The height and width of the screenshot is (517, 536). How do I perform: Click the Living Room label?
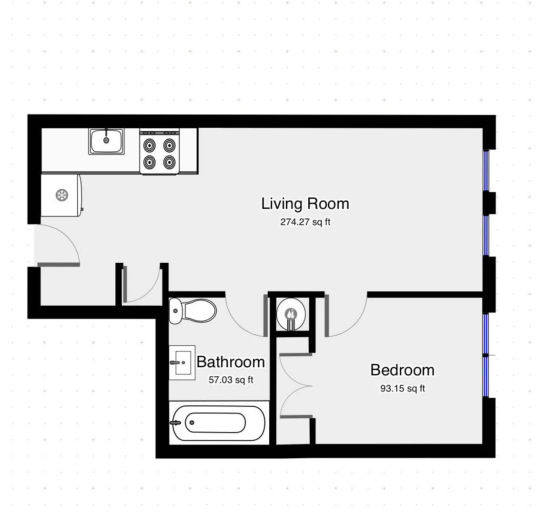pos(305,204)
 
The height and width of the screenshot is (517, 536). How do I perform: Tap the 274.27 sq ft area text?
pos(305,222)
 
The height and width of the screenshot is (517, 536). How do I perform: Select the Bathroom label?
pos(231,362)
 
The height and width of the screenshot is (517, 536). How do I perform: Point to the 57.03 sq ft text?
pos(231,380)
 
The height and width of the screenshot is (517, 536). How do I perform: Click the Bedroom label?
pos(402,370)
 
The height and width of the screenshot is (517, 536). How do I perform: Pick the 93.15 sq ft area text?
pos(402,388)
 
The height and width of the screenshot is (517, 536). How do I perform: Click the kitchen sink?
pos(106,141)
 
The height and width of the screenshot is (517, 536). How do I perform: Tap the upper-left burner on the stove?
pos(150,145)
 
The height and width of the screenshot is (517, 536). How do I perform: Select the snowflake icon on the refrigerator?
pos(61,195)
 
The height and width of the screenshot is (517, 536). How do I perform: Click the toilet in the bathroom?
pos(193,310)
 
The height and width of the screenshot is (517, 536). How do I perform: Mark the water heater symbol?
pos(291,313)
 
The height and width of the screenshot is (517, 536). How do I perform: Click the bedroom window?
pos(485,355)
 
